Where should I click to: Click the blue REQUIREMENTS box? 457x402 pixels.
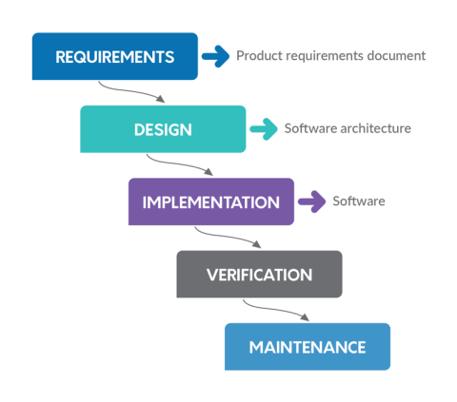(114, 56)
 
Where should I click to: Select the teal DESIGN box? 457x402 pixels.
(162, 128)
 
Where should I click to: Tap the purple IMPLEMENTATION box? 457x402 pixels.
(210, 201)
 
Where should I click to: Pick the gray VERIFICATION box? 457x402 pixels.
(259, 275)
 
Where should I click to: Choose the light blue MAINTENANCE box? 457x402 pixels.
(307, 347)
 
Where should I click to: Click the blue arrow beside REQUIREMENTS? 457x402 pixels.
(216, 56)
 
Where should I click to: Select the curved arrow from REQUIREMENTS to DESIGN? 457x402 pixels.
(133, 91)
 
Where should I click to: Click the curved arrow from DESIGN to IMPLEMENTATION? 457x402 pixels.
(181, 163)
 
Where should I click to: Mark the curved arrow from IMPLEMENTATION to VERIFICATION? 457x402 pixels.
(228, 237)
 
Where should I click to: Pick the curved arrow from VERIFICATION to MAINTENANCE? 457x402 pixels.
(276, 310)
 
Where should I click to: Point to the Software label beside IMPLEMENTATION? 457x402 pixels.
(358, 201)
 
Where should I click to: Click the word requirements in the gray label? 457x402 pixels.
(322, 56)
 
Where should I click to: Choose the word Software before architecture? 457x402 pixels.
(309, 128)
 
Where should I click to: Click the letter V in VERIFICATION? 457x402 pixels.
(212, 275)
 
